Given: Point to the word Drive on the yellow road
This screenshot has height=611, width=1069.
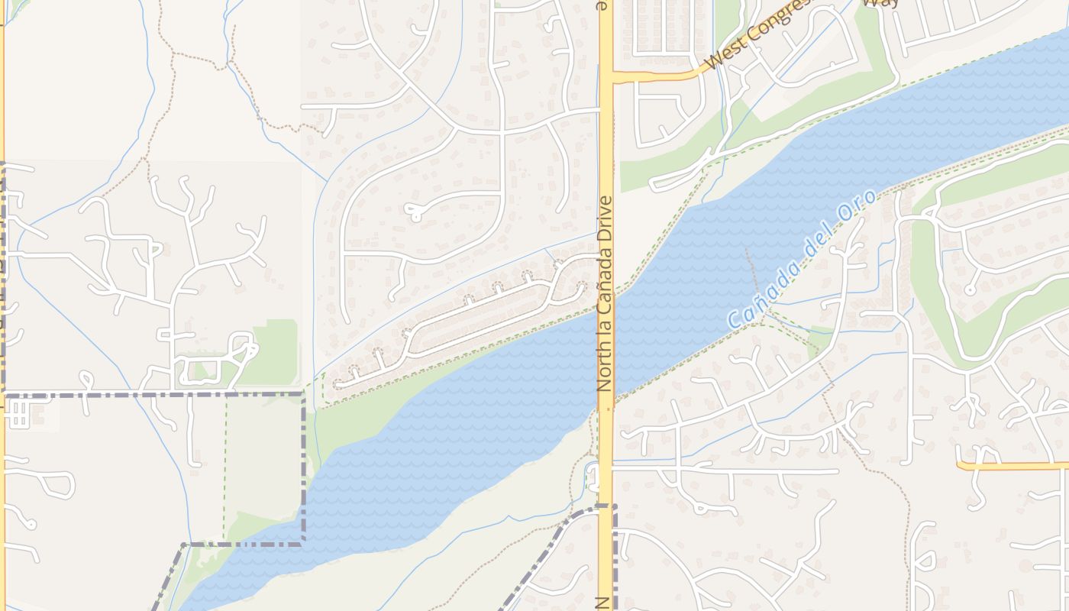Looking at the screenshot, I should coord(606,219).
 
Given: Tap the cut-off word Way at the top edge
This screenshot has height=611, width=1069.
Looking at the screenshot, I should coord(880,3).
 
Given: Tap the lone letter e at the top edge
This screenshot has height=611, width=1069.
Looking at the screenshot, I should coord(602,5).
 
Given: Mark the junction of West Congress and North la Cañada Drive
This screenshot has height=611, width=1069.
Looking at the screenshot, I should coord(606,76).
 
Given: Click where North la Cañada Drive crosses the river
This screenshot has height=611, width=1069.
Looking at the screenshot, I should coord(606,351).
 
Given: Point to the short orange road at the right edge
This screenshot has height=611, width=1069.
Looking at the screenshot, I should coord(1012,464).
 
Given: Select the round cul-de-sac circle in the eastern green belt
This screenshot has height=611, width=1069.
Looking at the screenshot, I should coord(970,289).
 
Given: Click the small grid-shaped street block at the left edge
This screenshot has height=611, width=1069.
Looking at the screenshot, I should coord(17,415).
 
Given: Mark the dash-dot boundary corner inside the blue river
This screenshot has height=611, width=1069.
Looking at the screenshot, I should coord(303,543).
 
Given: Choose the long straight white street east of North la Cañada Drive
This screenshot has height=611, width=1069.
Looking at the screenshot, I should coord(725,471).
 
